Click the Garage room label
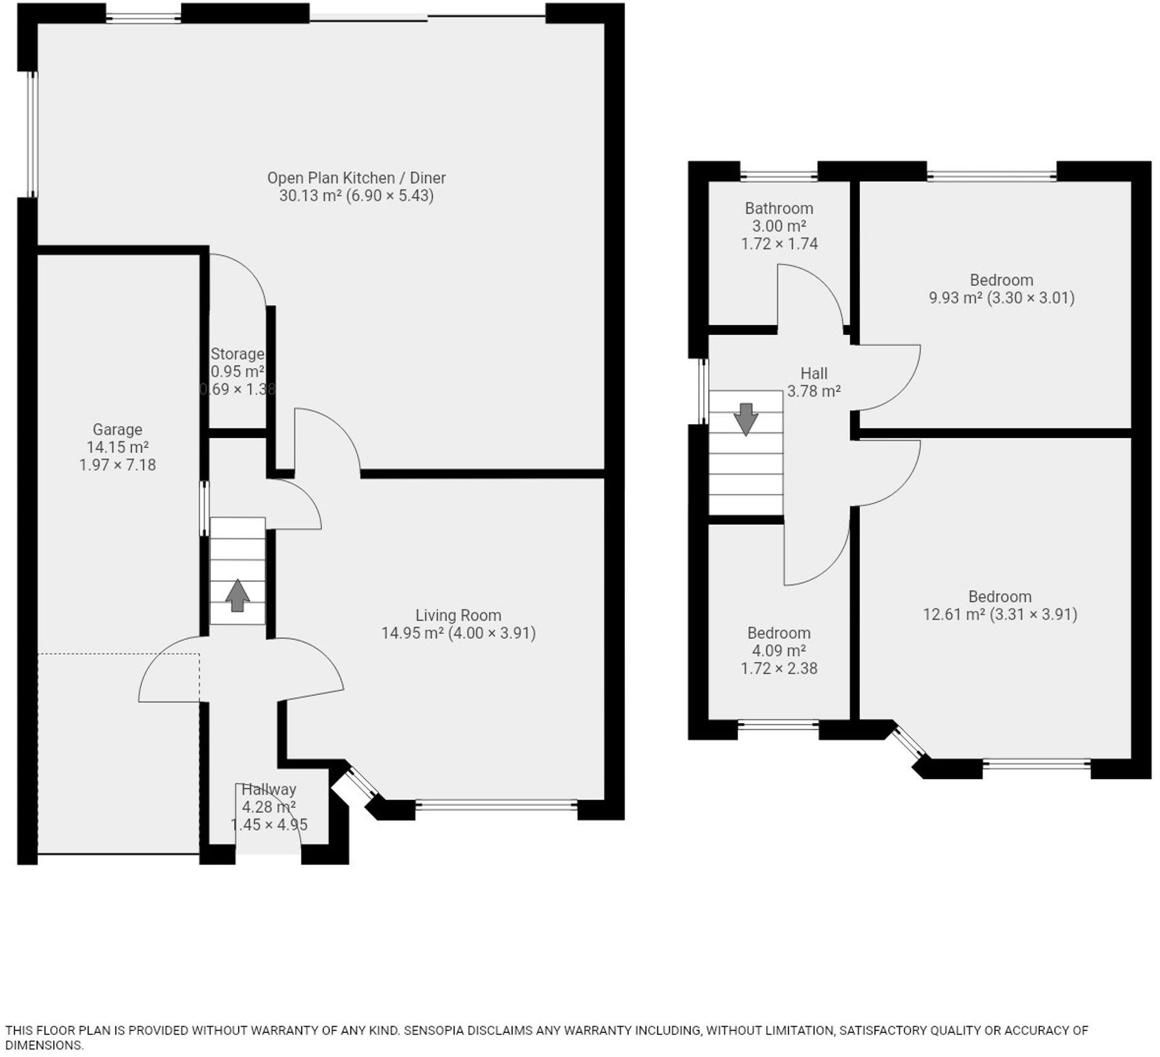click(x=117, y=430)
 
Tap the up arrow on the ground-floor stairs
click(x=237, y=595)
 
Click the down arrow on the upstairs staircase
click(x=746, y=419)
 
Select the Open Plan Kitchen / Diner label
click(x=356, y=178)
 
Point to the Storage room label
click(x=237, y=354)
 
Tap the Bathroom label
click(x=779, y=208)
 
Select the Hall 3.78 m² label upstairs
click(x=814, y=383)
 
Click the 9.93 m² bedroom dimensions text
click(x=1001, y=298)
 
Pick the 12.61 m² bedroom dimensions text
click(x=1000, y=614)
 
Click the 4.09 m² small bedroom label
click(x=779, y=651)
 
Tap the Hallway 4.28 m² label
click(x=269, y=798)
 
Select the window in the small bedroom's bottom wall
click(x=778, y=725)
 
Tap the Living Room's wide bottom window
click(x=496, y=804)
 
